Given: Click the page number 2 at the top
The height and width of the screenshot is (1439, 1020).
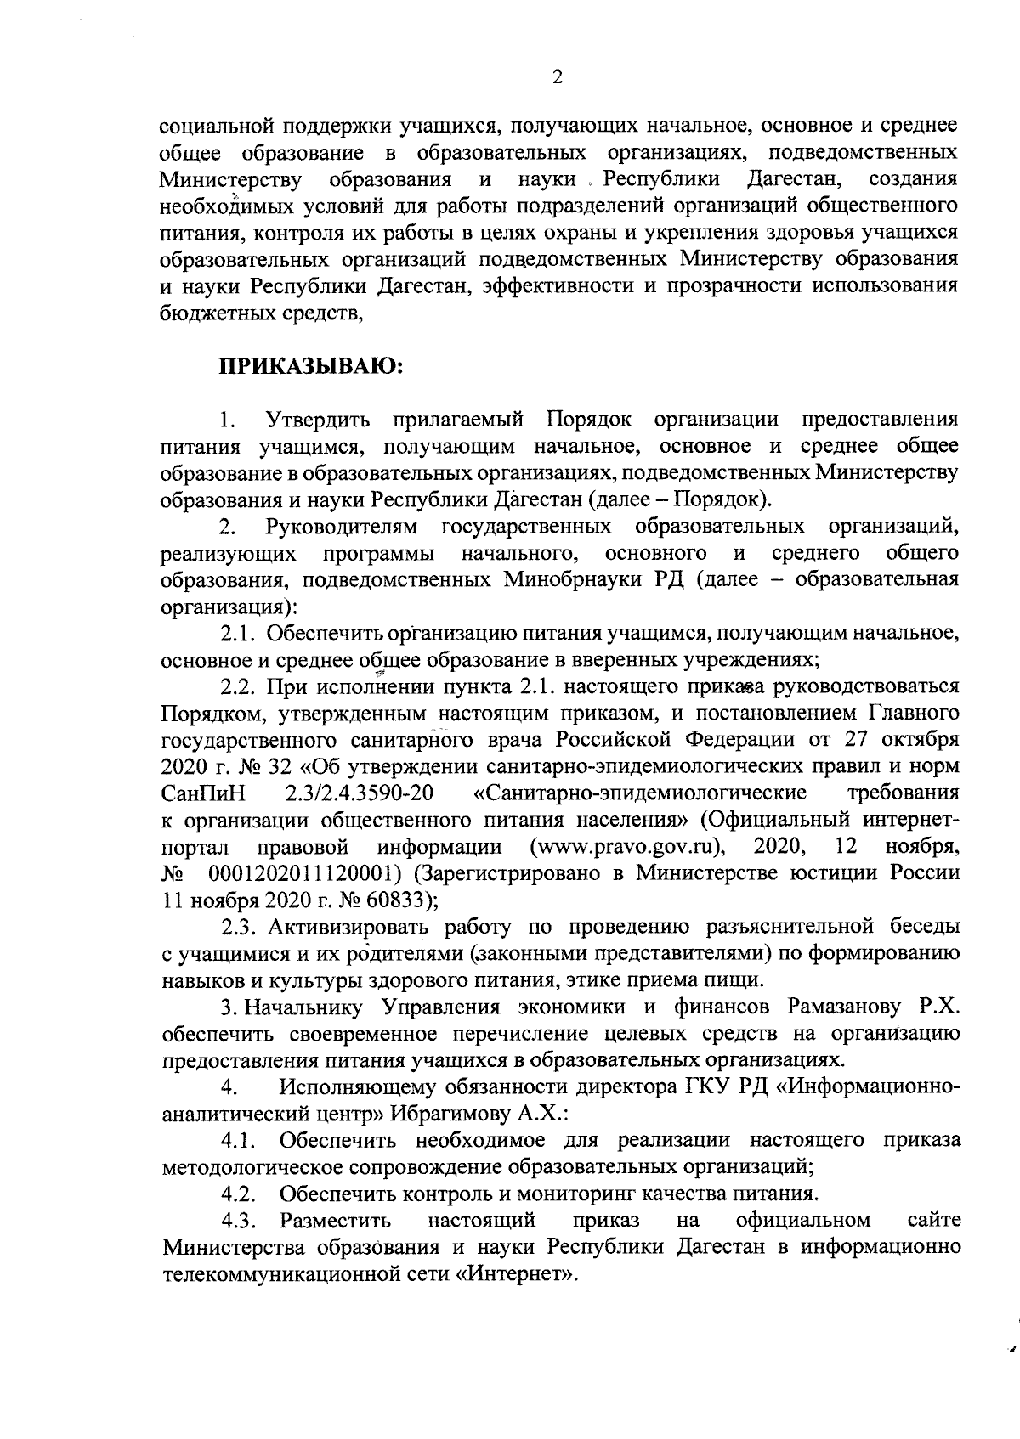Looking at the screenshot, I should (x=558, y=77).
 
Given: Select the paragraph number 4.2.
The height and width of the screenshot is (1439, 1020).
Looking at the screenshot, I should (x=239, y=1194).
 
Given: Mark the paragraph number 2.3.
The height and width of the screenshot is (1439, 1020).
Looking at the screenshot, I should (x=239, y=926).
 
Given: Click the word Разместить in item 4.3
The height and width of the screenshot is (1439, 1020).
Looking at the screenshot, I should (x=336, y=1221).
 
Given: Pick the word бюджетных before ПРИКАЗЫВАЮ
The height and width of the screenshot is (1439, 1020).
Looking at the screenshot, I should (x=214, y=313).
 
